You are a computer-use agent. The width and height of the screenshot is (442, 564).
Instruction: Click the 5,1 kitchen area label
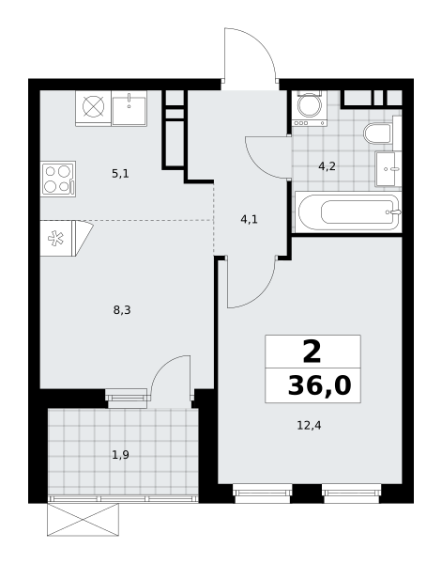120,174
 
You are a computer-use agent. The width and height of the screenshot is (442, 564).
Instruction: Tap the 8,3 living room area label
122,309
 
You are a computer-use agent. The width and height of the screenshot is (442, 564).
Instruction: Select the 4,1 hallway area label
250,219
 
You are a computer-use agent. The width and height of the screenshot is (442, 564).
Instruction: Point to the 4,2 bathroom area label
328,166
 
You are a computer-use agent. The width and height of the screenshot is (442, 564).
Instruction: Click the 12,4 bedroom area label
309,426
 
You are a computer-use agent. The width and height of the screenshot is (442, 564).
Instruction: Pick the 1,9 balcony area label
121,455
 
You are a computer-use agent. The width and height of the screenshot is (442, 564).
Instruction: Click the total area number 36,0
320,386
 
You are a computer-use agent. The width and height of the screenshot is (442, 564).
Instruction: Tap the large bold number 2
312,352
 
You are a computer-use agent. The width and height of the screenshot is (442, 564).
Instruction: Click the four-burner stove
58,179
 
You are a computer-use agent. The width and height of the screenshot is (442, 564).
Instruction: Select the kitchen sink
129,108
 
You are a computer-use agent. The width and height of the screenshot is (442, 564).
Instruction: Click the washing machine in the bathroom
310,108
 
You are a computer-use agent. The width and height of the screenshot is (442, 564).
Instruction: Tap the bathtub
348,212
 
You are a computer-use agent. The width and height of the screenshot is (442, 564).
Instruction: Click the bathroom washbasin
389,168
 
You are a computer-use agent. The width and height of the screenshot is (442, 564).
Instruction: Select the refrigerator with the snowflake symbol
67,238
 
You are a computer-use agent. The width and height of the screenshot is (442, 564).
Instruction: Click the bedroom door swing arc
262,294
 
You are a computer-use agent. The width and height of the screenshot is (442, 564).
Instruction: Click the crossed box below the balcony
83,520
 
